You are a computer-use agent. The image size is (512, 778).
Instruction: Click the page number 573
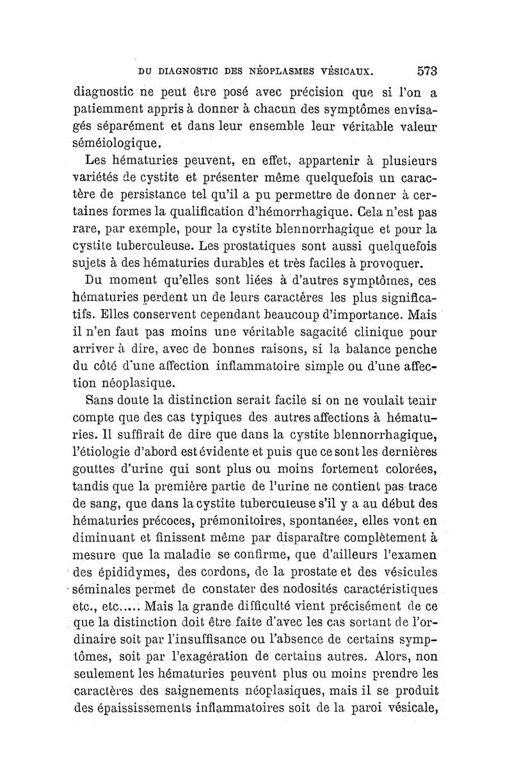[x=426, y=70]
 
